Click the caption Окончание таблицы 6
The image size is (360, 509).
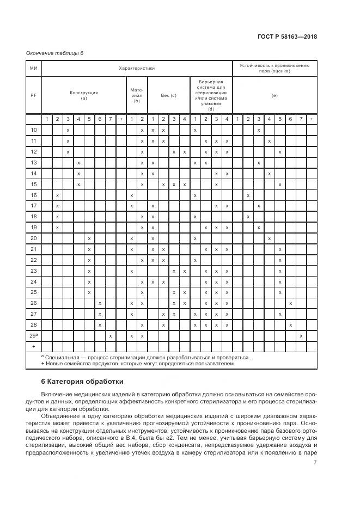tap(54, 53)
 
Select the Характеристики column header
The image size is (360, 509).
tap(137, 69)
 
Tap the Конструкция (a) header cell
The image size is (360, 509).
tap(84, 95)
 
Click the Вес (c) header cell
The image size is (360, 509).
tap(168, 95)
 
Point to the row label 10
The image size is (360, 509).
tap(34, 130)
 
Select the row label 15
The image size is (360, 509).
tap(34, 184)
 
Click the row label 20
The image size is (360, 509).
tap(34, 238)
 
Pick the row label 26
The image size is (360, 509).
tap(34, 303)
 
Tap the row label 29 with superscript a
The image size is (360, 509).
tap(34, 336)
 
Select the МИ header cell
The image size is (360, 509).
tap(34, 69)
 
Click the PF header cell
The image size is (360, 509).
tap(34, 95)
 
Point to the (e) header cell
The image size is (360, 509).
tap(274, 95)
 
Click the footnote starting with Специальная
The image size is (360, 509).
tap(147, 358)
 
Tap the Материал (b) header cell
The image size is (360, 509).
tap(137, 95)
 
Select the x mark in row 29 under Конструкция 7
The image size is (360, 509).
tap(110, 336)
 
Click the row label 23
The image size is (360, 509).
tap(34, 271)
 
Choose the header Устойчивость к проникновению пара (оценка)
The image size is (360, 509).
tap(274, 69)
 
